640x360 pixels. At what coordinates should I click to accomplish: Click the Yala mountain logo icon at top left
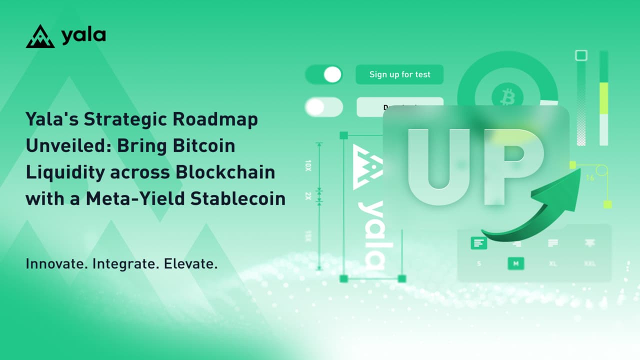(40, 36)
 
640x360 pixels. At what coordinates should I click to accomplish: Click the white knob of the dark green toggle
(332, 75)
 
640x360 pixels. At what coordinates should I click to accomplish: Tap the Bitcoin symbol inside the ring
(507, 95)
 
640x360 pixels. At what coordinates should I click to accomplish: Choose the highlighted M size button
(515, 263)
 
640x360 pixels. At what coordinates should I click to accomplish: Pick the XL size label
(553, 263)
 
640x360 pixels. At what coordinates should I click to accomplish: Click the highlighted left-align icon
(479, 243)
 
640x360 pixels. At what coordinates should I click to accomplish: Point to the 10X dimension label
(308, 165)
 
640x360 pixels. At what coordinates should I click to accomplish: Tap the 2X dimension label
(308, 195)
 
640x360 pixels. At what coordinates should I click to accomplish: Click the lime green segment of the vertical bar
(604, 98)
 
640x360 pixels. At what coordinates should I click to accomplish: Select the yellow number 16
(590, 177)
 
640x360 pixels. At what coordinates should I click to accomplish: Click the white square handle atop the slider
(581, 55)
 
